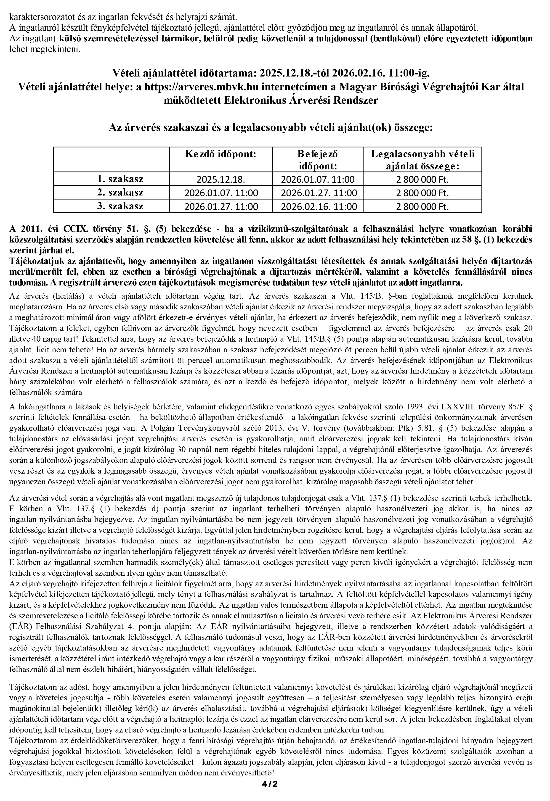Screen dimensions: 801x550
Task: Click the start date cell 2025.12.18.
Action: click(x=221, y=179)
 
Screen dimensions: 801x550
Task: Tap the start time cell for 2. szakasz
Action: click(x=221, y=193)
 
